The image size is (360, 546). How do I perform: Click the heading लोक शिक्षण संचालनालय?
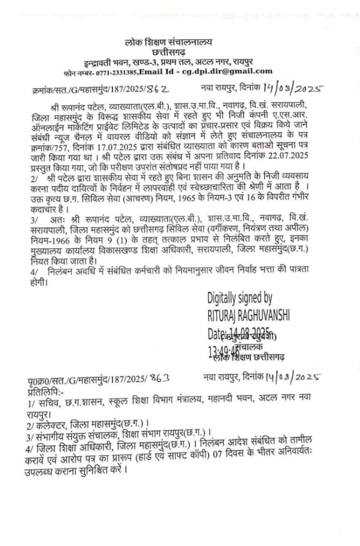tap(169, 42)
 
